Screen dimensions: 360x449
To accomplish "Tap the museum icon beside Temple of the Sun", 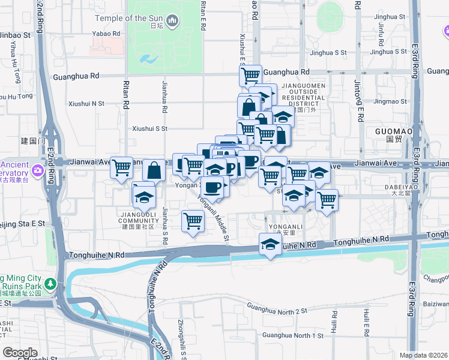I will click(173, 22).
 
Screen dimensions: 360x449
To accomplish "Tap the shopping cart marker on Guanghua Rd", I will click(250, 76).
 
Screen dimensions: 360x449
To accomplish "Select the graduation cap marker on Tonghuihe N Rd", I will click(271, 244).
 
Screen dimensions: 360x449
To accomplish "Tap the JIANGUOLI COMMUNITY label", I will click(138, 223).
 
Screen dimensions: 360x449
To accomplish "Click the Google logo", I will click(20, 353).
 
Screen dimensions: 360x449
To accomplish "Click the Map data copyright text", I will click(423, 355).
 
